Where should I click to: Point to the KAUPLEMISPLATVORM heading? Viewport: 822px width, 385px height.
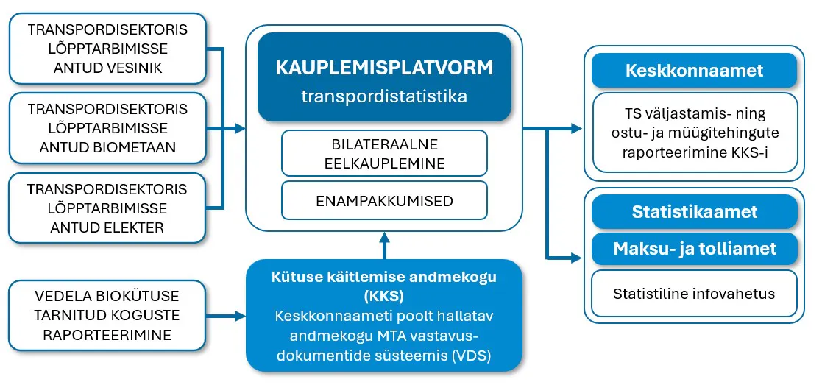[384, 68]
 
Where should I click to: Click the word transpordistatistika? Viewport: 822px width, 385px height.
[384, 96]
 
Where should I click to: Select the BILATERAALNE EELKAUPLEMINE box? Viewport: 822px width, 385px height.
[384, 154]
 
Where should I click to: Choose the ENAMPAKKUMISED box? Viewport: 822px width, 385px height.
[384, 200]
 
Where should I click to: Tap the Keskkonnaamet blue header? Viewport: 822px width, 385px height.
[694, 71]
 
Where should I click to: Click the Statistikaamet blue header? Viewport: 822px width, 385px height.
[694, 212]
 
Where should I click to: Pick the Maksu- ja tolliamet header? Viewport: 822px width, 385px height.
[694, 249]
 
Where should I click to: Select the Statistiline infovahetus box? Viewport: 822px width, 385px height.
[694, 294]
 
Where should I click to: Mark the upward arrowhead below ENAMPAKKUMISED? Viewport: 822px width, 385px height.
[384, 238]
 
